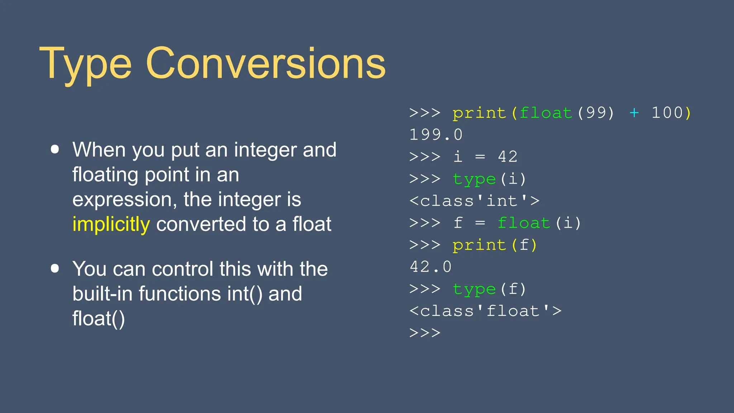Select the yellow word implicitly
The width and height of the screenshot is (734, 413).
click(111, 225)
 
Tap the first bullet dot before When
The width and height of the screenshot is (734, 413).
click(55, 149)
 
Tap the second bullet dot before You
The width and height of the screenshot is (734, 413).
click(55, 269)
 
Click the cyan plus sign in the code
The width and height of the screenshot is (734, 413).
click(634, 113)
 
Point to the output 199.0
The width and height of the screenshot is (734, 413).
click(436, 135)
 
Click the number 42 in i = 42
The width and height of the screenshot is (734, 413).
click(507, 157)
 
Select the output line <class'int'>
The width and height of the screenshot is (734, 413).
click(475, 201)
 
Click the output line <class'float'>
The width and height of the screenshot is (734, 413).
click(485, 311)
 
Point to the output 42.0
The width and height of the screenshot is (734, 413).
click(430, 267)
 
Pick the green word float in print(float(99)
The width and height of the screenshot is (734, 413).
click(545, 113)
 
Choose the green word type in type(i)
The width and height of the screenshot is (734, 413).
click(474, 179)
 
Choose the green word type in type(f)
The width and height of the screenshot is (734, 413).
click(474, 289)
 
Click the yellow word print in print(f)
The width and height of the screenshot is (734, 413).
click(479, 245)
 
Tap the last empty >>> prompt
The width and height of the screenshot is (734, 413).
click(425, 333)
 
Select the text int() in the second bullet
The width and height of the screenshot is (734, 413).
click(244, 294)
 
